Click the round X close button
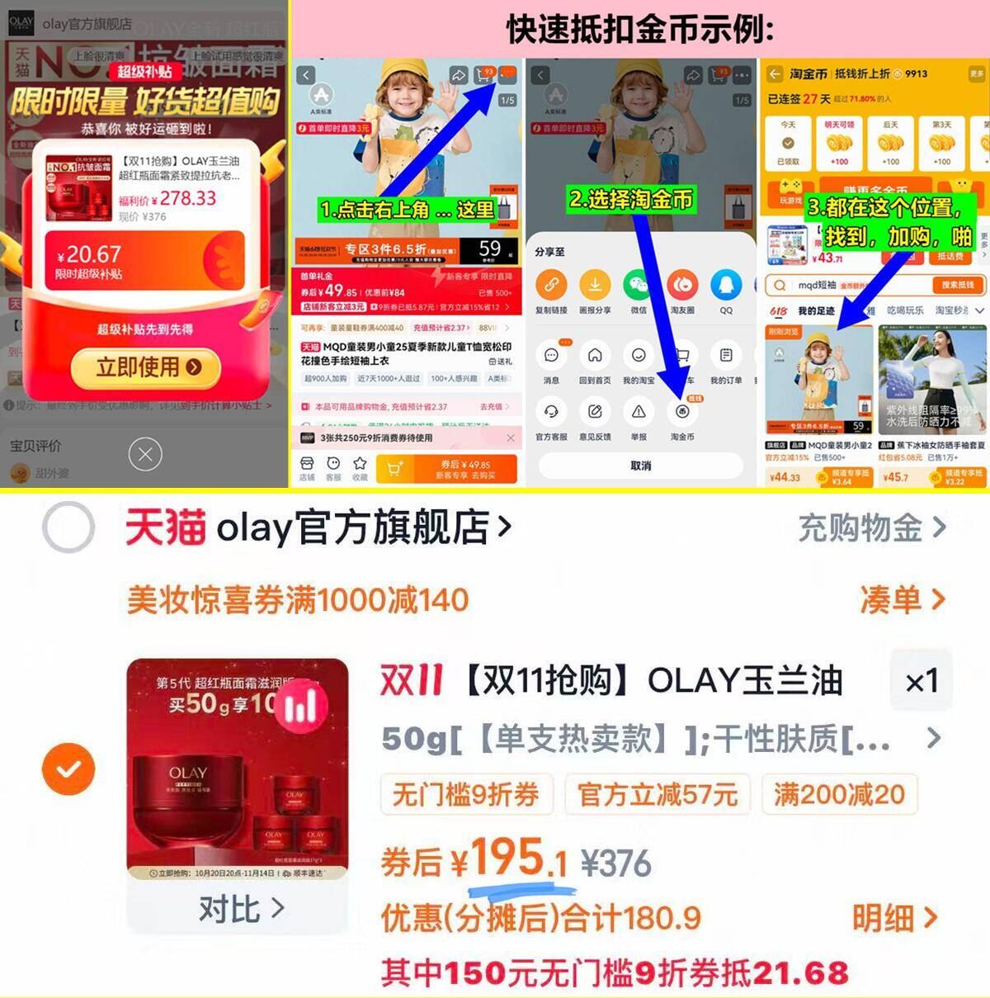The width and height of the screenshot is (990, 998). [x=145, y=454]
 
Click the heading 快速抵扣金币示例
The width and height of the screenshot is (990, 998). [x=640, y=29]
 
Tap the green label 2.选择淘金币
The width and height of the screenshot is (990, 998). [x=631, y=199]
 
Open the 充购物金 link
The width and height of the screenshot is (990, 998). [x=871, y=528]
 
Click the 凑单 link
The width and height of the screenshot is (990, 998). [x=902, y=600]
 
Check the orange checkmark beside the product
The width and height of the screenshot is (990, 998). [x=68, y=769]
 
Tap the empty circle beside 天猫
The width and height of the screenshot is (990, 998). [x=68, y=527]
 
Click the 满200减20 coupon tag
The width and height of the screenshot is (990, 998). [x=839, y=794]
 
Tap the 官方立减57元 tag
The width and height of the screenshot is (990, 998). [x=658, y=794]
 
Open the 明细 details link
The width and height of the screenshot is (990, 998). [x=894, y=918]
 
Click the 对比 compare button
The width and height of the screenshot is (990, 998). [x=240, y=910]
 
